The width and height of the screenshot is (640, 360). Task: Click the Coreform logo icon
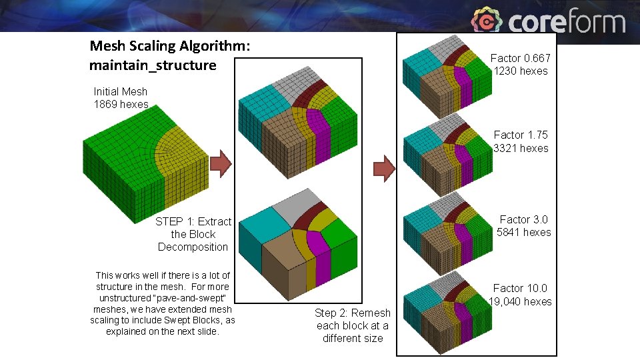(x=487, y=21)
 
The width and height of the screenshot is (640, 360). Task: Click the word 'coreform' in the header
(x=567, y=22)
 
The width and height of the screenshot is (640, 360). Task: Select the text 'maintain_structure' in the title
(x=153, y=65)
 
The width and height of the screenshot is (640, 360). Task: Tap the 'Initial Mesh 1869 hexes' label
(x=121, y=97)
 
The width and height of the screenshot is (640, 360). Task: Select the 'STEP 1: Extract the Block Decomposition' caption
(x=193, y=234)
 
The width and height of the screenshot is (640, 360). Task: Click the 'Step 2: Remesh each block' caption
(x=353, y=325)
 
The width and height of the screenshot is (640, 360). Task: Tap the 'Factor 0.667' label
(x=521, y=58)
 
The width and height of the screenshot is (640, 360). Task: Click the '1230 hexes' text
(x=521, y=71)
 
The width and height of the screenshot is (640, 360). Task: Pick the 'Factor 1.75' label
(x=521, y=135)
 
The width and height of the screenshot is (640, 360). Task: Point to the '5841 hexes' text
(x=524, y=232)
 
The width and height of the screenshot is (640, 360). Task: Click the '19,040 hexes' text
(x=520, y=301)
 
